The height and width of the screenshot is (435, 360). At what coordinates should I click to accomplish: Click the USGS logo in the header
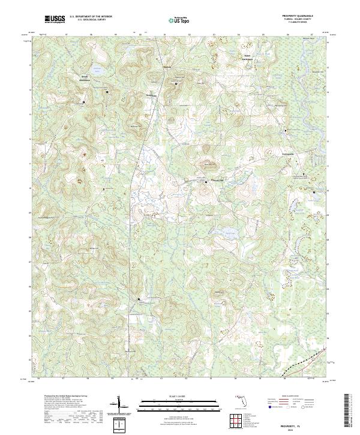[x=55, y=19]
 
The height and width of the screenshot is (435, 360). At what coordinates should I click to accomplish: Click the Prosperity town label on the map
[x=215, y=181]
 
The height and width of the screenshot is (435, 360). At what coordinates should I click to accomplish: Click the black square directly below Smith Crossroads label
[x=83, y=101]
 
